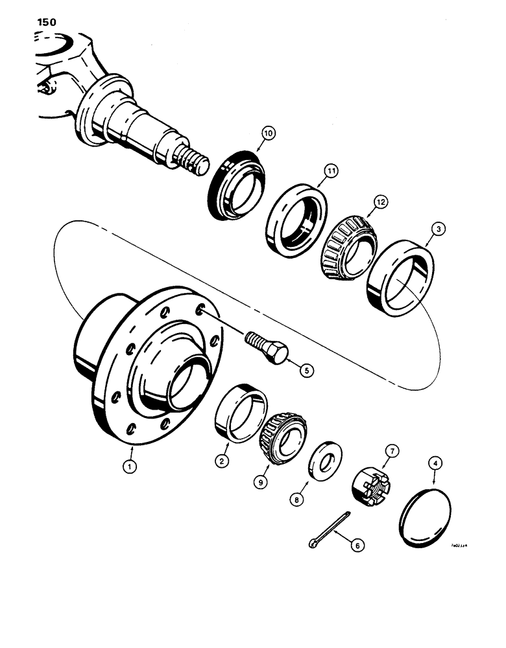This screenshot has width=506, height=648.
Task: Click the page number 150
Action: [42, 22]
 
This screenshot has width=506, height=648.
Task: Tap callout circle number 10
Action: [269, 134]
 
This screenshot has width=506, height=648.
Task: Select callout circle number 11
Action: [333, 172]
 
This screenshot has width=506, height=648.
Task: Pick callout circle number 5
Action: [304, 370]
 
